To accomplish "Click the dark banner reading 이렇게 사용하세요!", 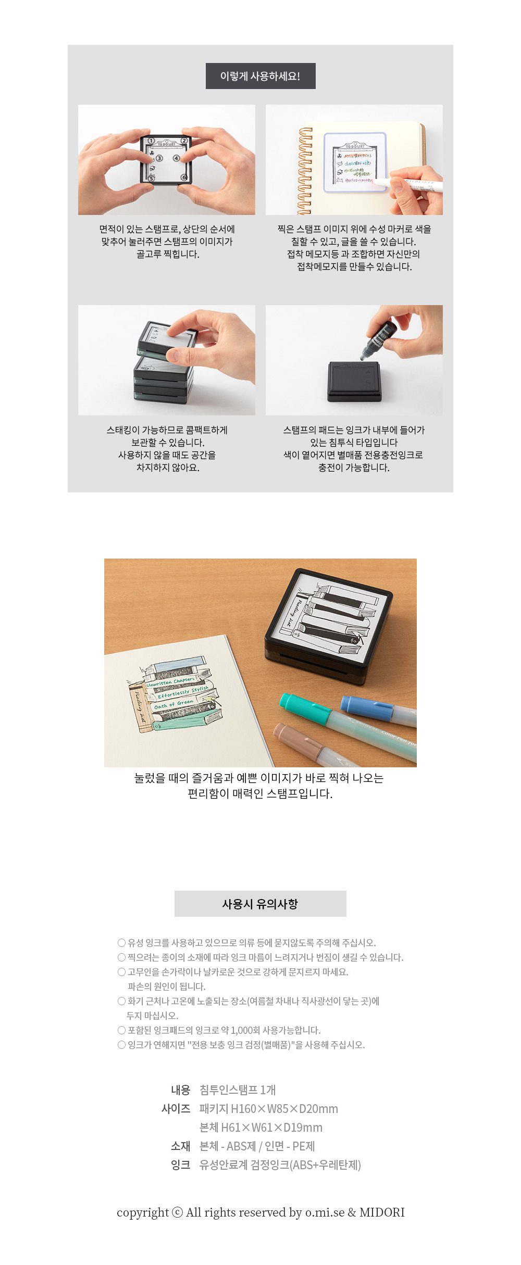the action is click(260, 76).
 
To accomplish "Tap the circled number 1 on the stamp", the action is click(151, 141).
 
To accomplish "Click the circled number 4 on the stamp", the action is click(176, 158).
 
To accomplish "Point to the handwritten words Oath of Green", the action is click(174, 704).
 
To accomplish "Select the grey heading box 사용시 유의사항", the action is click(260, 904).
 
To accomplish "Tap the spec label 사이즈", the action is click(176, 1109).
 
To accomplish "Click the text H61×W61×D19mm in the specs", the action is click(271, 1128).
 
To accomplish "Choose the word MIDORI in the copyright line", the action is click(382, 1212).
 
